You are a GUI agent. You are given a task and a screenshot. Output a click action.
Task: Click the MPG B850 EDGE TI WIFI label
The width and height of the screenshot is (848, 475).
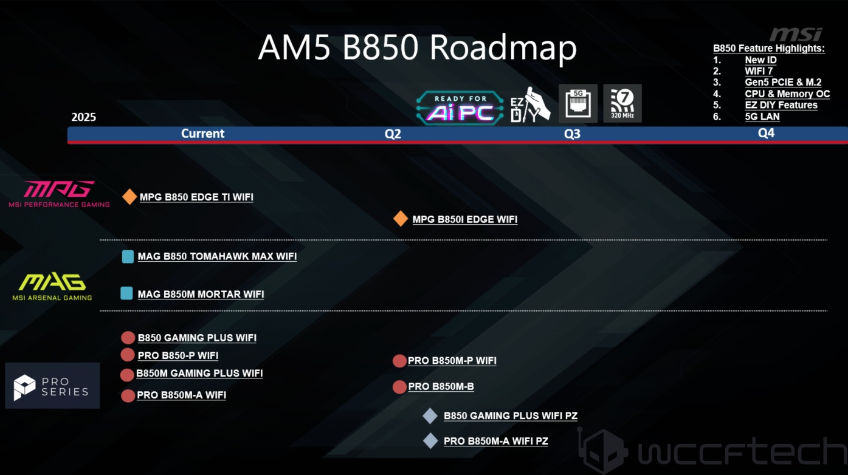coord(196,197)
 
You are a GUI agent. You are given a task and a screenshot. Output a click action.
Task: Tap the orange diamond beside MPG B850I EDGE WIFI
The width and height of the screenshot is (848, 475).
coord(400,219)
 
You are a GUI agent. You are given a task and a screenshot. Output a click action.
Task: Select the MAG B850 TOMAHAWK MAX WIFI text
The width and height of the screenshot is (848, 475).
coord(217,256)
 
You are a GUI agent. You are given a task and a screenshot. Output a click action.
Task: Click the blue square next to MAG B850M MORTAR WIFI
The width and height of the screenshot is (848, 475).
coord(126,293)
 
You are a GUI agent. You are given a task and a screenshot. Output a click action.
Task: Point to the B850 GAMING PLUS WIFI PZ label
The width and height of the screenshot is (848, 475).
coord(510,415)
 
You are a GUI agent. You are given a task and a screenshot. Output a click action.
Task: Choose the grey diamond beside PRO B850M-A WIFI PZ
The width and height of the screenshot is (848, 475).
coord(430,440)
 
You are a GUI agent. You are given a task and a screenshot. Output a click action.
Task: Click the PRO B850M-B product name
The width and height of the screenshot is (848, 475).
coord(441,386)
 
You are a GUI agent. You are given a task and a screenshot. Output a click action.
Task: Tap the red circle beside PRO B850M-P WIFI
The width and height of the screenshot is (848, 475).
coord(399,361)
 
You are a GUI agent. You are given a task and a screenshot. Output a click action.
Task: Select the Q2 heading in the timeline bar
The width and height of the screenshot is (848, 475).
coord(393,134)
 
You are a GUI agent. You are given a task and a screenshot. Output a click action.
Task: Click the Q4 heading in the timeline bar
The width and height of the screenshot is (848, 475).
coord(766,133)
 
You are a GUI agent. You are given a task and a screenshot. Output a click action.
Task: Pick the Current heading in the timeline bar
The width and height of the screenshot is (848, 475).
coord(202,134)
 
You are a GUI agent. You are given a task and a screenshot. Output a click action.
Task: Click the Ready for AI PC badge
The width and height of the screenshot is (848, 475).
coord(460,107)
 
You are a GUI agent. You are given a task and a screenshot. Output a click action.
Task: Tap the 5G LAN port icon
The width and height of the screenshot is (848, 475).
coord(578,103)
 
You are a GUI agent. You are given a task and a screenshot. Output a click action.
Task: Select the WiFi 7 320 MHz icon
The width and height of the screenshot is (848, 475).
coord(622,103)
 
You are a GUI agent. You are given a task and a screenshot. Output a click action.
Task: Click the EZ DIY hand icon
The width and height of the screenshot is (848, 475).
coord(531,105)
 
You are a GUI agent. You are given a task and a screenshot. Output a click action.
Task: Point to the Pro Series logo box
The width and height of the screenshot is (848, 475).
coord(52,385)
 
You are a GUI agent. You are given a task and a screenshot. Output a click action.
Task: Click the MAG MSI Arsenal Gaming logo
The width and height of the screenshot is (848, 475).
coord(52,287)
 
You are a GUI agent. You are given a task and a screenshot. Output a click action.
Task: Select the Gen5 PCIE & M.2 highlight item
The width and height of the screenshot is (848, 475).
coord(783,83)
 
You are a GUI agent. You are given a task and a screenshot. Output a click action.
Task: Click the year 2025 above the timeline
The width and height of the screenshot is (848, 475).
coord(83,117)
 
